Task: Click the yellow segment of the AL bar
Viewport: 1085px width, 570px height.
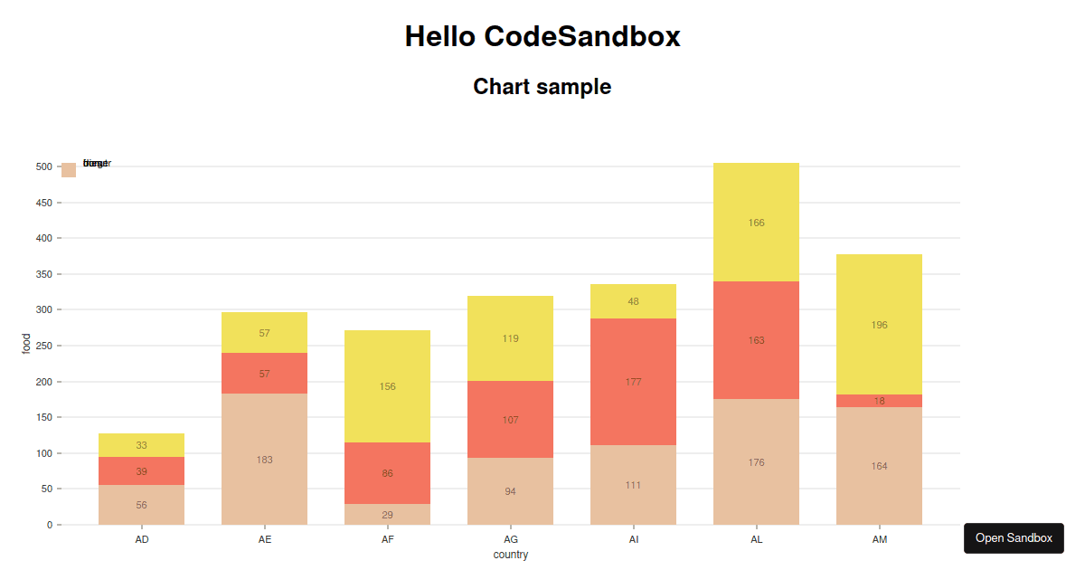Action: [756, 223]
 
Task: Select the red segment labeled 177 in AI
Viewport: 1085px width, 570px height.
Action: [633, 382]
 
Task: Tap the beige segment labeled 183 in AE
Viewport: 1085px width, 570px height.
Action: [264, 460]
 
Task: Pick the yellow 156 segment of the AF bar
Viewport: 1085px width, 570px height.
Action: [387, 386]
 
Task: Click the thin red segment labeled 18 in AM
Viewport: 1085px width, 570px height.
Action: [879, 401]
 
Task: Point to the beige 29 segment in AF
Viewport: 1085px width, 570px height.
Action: [387, 515]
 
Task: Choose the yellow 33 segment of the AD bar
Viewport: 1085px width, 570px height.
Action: [141, 445]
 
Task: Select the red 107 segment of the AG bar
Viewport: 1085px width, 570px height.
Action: [510, 420]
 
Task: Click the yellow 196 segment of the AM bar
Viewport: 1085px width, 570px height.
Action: [879, 325]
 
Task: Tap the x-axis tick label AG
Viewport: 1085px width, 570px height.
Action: [511, 539]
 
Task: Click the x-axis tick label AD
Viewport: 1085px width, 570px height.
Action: [142, 539]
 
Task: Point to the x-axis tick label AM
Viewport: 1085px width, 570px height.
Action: [880, 539]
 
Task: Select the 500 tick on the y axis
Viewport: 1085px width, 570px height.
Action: [43, 166]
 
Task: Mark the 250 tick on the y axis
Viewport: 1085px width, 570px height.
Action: [43, 346]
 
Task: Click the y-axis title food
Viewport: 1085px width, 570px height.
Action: [27, 345]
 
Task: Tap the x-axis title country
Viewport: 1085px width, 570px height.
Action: [511, 555]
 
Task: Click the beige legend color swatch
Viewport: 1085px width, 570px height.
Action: [69, 170]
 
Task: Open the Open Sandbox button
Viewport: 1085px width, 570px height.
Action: [1014, 538]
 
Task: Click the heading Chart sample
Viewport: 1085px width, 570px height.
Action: [542, 87]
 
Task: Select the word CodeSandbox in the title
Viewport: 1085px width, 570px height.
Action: [582, 37]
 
